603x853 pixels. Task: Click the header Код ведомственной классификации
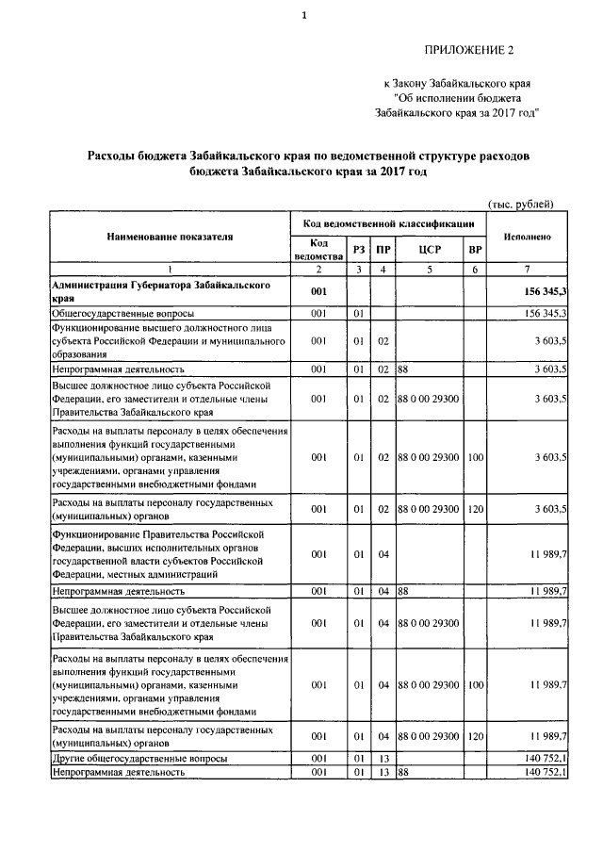(388, 224)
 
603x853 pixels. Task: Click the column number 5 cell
(429, 270)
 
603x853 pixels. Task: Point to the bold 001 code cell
(318, 291)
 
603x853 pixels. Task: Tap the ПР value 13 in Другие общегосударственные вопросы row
(383, 758)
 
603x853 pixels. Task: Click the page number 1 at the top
(304, 15)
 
